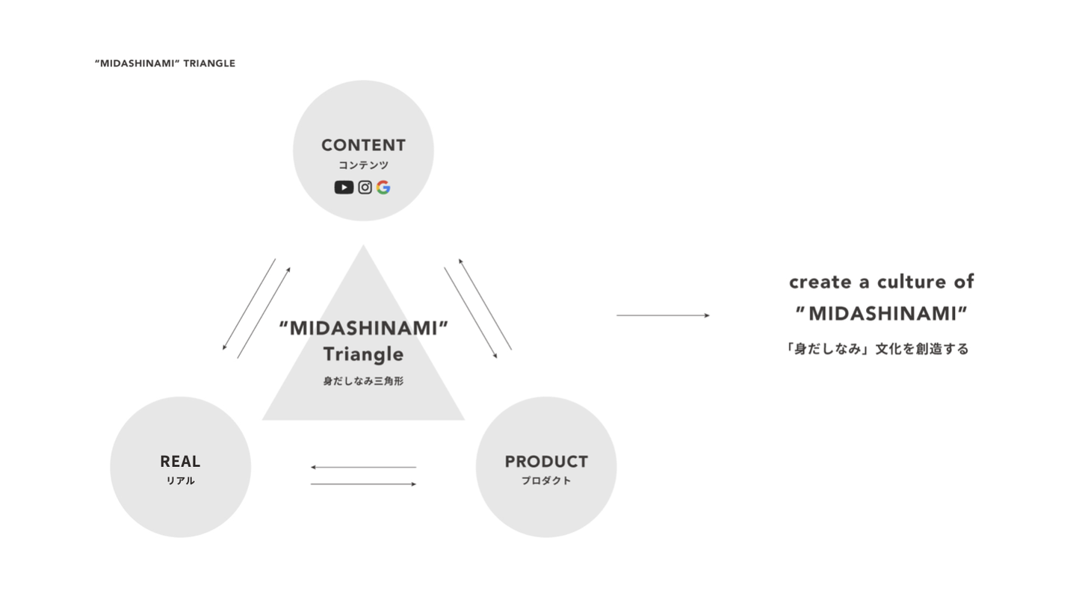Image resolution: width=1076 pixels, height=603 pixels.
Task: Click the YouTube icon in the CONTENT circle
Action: click(344, 188)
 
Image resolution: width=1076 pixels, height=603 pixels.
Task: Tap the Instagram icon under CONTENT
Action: click(365, 188)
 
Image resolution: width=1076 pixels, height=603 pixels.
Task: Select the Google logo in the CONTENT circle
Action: click(383, 188)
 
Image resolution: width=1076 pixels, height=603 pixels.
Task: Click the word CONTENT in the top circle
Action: click(363, 145)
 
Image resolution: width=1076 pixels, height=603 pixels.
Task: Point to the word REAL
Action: click(180, 462)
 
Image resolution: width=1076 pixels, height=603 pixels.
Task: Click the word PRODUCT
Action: click(546, 462)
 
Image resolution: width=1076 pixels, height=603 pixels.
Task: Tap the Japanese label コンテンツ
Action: click(363, 165)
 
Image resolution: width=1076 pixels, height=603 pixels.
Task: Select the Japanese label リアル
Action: click(180, 480)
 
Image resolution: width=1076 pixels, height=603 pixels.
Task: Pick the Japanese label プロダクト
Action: click(546, 480)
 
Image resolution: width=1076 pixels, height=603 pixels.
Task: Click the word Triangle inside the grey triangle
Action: click(363, 354)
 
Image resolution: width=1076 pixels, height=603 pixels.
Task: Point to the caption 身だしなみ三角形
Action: click(363, 381)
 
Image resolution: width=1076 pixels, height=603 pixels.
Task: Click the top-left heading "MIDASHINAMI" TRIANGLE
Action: click(165, 64)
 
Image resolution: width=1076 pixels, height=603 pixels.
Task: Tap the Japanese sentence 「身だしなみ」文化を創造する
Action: click(877, 348)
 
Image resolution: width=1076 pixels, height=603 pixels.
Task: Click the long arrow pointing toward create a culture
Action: click(663, 315)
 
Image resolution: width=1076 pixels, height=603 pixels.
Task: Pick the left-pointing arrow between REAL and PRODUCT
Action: click(363, 468)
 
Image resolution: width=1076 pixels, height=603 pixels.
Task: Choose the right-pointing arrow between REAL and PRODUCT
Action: click(363, 484)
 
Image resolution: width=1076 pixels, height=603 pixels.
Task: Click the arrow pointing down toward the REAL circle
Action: click(249, 304)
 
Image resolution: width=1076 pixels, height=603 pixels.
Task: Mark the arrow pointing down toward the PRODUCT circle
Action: click(471, 313)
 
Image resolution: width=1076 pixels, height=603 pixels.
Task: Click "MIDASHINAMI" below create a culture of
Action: click(882, 314)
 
